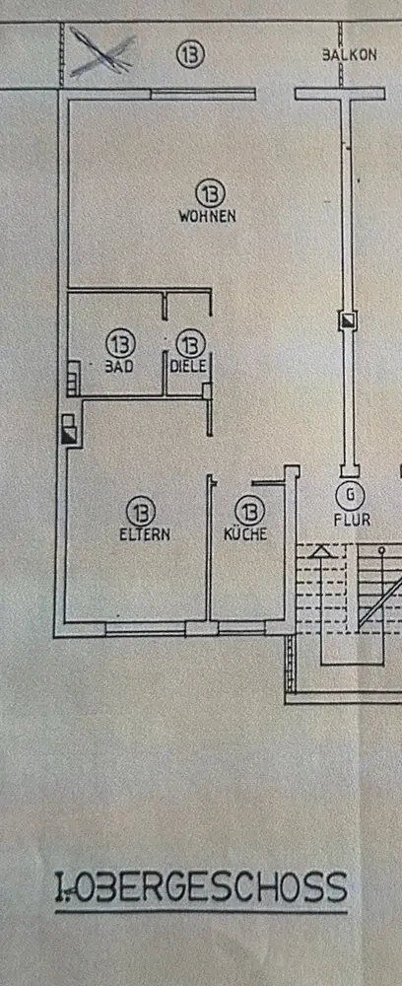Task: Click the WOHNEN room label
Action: pos(207,216)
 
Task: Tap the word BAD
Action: pos(118,367)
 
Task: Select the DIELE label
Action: pos(188,366)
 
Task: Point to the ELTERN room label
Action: pos(145,535)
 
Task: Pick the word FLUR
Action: pos(353,520)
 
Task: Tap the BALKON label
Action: pos(350,54)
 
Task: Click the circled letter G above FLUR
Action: pos(351,495)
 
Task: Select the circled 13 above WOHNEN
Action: pos(210,192)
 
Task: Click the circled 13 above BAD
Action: pos(120,343)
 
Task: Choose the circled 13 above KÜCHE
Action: pos(250,511)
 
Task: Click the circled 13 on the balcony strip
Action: pos(190,54)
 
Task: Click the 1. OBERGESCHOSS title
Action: pos(201,887)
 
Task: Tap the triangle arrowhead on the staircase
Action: pos(321,552)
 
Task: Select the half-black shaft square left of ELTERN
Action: pos(70,434)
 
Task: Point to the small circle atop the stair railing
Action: pos(380,551)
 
